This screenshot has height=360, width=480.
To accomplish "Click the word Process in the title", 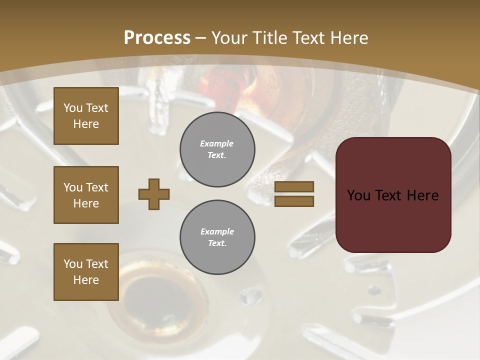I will click(157, 38).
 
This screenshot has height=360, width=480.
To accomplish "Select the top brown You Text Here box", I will click(86, 116).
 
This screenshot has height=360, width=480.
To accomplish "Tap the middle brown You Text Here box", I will click(86, 195).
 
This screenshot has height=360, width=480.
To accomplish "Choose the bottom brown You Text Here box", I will click(86, 272).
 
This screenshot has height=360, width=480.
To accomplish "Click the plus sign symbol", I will click(154, 194).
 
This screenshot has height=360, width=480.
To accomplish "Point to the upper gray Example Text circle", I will click(217, 149).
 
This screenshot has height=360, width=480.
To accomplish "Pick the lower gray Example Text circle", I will click(217, 237).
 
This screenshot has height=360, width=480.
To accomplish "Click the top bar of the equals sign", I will click(294, 186).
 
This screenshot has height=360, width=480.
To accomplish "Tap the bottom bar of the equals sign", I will click(294, 201).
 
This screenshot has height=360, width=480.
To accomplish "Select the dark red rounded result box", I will click(393, 195).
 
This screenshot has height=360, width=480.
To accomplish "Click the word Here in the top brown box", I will click(86, 124).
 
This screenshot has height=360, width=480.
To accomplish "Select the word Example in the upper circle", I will click(217, 143).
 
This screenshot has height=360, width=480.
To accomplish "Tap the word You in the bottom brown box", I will click(72, 264).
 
